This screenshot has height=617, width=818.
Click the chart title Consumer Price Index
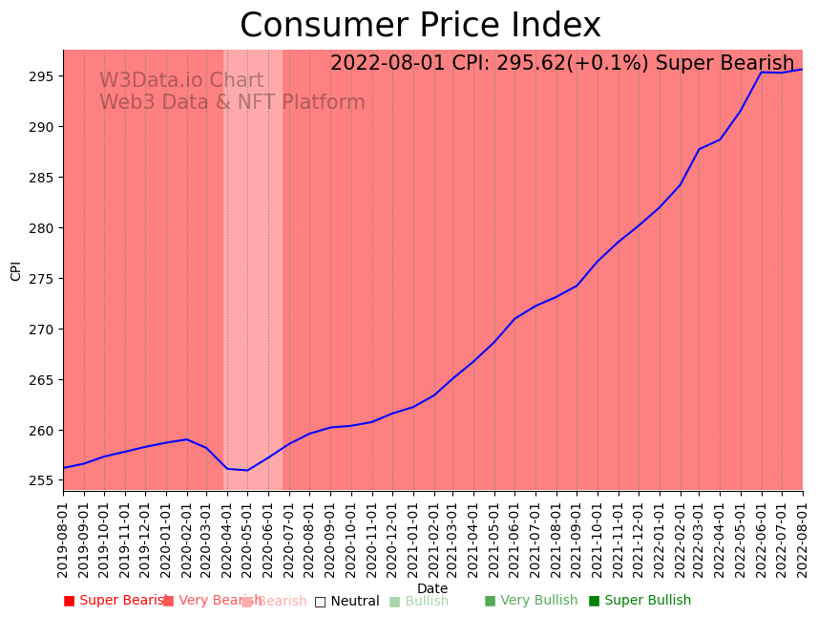tap(420, 26)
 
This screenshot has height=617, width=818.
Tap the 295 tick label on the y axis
tap(46, 76)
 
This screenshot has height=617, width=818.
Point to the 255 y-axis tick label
tap(46, 480)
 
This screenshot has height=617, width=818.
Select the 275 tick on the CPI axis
tap(46, 279)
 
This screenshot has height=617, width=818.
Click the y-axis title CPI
tap(15, 271)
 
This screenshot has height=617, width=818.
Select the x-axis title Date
tap(432, 588)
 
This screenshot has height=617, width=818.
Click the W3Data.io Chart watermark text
tap(181, 81)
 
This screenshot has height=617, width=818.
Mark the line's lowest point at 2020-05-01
tap(248, 470)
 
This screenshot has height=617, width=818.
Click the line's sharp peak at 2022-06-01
tap(762, 72)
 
